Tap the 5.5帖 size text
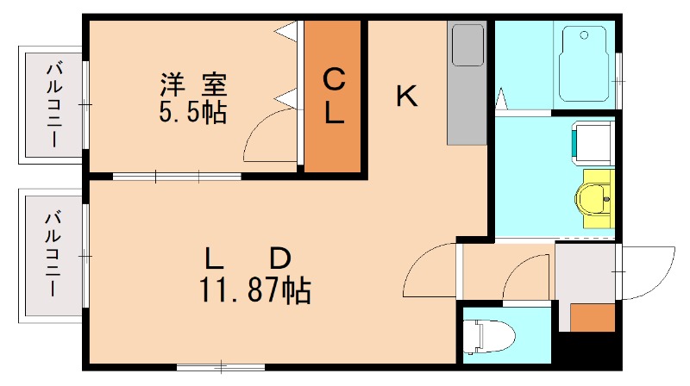click(192, 112)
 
